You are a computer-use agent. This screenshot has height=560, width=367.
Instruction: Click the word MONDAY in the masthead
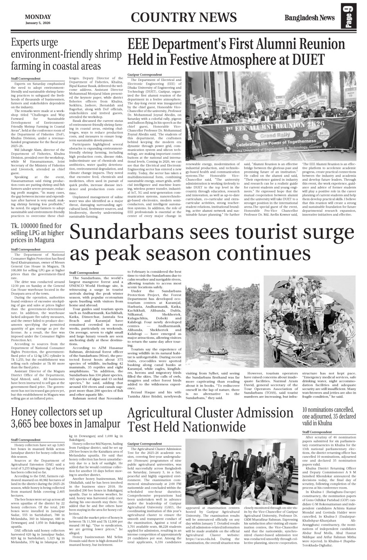tap(38, 17)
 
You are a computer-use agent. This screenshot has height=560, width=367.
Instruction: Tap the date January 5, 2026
tap(38, 23)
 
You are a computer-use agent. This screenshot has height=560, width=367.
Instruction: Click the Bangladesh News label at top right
tap(310, 18)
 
